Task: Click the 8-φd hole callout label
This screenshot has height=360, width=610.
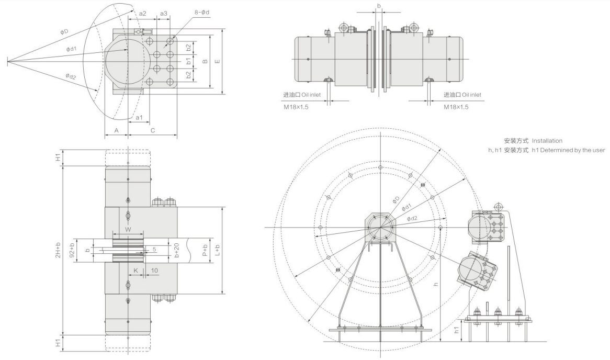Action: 202,12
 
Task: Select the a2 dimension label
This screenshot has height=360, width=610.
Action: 142,13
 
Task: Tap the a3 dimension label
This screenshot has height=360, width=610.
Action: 163,13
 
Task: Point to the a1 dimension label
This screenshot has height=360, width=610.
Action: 139,117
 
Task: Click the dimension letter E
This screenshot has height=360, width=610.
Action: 218,61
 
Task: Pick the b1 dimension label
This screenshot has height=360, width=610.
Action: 189,61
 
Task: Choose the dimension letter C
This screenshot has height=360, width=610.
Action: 153,130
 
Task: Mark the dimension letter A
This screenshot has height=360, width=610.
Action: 116,130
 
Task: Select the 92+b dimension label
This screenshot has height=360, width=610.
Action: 72,250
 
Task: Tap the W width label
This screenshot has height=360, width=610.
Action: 128,229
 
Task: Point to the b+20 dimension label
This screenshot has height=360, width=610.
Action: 177,250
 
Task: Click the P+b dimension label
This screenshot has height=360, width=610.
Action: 205,250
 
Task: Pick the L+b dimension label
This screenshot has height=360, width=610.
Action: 218,250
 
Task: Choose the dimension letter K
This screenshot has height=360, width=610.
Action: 136,270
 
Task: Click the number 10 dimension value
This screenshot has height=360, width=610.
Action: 154,270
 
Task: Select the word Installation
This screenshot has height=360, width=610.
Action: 547,141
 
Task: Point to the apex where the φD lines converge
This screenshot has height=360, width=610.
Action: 7,62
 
